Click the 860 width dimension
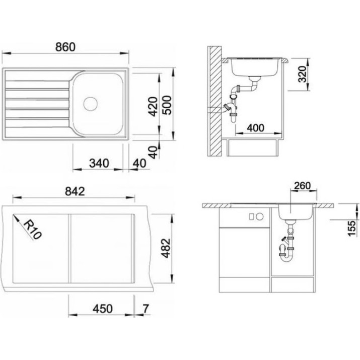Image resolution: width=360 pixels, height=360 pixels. pyautogui.click(x=65, y=47)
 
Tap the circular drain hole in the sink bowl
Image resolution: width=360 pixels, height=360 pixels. pyautogui.click(x=91, y=104)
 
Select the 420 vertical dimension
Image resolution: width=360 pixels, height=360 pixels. pyautogui.click(x=153, y=106)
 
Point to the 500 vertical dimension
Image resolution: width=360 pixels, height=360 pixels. pyautogui.click(x=167, y=105)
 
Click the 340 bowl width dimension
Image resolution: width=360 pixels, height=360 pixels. pyautogui.click(x=99, y=163)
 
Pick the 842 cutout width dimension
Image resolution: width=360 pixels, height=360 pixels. pyautogui.click(x=75, y=191)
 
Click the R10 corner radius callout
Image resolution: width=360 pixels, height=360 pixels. pyautogui.click(x=32, y=229)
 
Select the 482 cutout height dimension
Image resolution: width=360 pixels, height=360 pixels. pyautogui.click(x=166, y=248)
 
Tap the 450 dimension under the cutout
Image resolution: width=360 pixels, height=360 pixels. pyautogui.click(x=103, y=309)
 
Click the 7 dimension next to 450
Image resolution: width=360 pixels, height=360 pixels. pyautogui.click(x=146, y=309)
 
